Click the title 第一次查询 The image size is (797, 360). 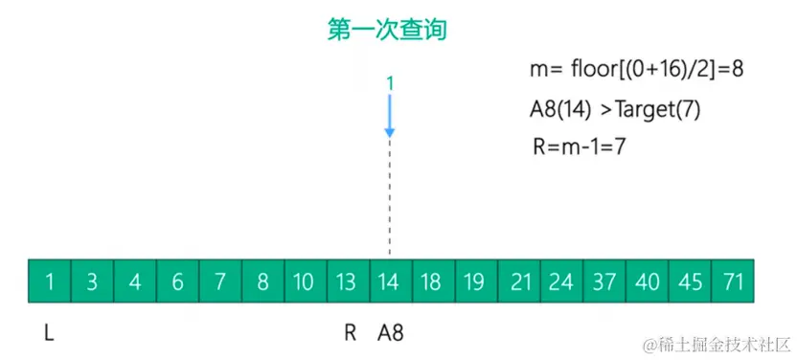click(387, 32)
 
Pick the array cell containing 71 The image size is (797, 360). click(733, 281)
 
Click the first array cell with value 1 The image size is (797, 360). click(49, 281)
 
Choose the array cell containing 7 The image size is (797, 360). click(220, 281)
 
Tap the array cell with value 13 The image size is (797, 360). click(347, 281)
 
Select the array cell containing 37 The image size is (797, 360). click(604, 281)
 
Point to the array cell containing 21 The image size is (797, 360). click(519, 281)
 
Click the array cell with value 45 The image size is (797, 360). click(690, 281)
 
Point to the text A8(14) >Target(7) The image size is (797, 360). click(615, 109)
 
